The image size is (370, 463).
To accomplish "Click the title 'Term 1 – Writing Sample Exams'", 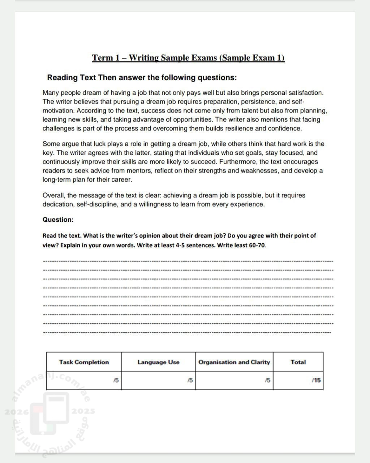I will click(188, 58).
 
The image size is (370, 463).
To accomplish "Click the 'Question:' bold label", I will click(58, 220).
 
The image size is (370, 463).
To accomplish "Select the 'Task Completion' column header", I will click(84, 362).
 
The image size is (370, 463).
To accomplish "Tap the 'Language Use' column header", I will click(158, 362).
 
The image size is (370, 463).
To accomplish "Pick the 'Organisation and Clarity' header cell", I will click(234, 362).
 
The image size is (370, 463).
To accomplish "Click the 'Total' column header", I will click(298, 362).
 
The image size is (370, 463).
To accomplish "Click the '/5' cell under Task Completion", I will click(116, 380).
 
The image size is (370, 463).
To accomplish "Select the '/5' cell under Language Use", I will click(190, 380).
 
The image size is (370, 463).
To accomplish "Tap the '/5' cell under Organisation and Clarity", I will click(267, 380).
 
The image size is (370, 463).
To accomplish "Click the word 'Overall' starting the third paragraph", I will click(53, 195).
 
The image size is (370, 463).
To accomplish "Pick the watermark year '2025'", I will click(83, 411).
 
